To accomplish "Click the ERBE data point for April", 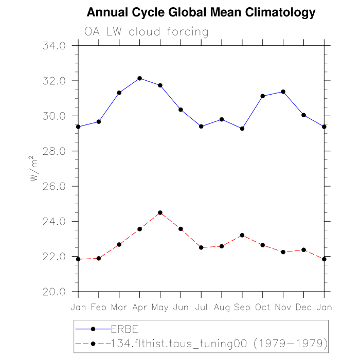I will coord(139,78).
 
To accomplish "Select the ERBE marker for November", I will coord(283,92).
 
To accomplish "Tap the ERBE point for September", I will coord(242,129).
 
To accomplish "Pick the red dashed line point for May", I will coord(160,212).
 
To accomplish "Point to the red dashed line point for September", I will coord(242,235).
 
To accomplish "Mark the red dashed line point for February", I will coord(98,258).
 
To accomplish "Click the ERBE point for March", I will coord(119,93).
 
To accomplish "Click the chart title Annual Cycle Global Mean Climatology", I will coord(201,12).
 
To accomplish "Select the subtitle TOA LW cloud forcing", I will coord(143,32).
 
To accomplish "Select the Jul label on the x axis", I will coord(201,307).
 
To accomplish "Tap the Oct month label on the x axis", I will coord(262,307).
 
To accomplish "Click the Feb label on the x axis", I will coord(98,307).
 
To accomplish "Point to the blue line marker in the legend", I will coord(93,329).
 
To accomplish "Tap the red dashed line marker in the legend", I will coord(93,343).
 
